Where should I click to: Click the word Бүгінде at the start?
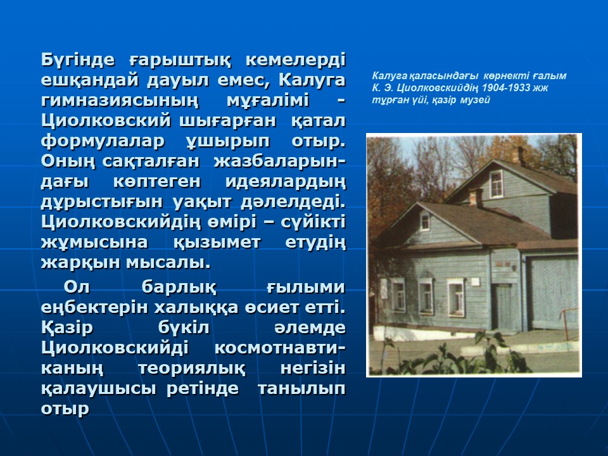point(78,60)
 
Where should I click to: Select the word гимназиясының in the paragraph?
point(120,101)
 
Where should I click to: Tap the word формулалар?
point(103,141)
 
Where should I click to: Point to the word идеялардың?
point(286,182)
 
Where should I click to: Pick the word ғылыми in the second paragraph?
point(306,288)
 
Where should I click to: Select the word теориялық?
point(191,368)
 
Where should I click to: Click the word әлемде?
point(310,327)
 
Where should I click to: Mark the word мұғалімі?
point(267,101)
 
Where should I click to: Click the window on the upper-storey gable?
point(496,184)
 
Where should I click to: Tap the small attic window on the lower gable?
point(425,222)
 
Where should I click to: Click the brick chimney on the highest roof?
point(517,156)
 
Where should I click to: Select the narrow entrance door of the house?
point(503,308)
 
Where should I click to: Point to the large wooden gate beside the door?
point(552,293)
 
